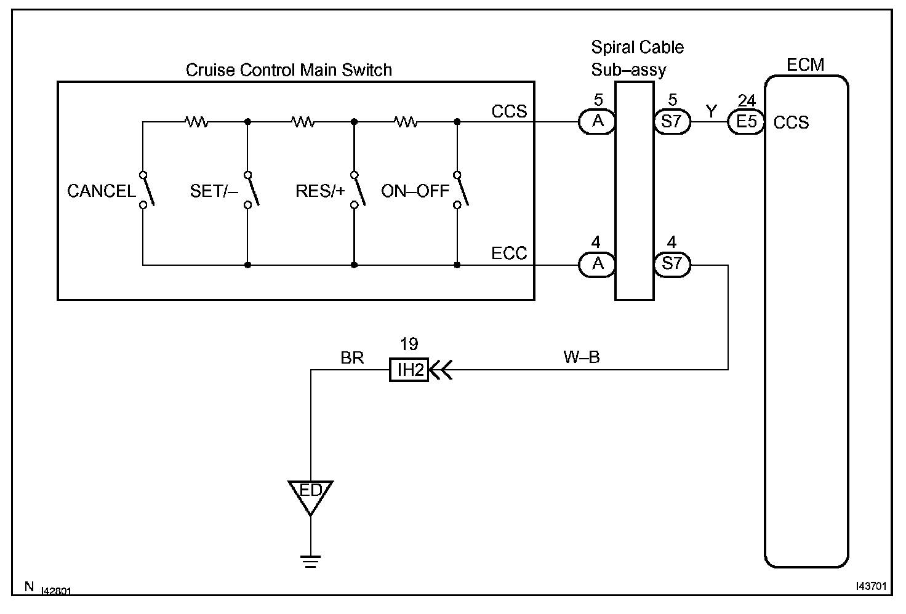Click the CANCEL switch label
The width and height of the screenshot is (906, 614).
point(102,191)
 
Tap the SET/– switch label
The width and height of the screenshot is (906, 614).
point(214,191)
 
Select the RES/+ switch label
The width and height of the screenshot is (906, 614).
point(320,191)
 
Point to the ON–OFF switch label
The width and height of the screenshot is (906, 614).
point(415,191)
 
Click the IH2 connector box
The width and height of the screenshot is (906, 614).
point(409,370)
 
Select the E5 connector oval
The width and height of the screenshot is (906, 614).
point(746,121)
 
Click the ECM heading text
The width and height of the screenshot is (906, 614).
point(805,65)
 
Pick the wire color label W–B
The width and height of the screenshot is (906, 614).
point(581,357)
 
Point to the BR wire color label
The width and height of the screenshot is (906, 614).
point(352,357)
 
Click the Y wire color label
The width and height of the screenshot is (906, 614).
point(711,111)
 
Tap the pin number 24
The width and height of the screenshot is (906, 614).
point(746,100)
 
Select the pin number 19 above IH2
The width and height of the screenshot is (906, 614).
point(409,344)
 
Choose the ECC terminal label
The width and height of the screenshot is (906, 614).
point(509,253)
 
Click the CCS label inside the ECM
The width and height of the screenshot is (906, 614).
point(791,122)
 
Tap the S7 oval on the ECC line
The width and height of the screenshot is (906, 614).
point(672,265)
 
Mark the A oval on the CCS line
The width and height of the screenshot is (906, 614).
point(598,121)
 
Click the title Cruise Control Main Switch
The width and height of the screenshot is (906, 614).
point(289,70)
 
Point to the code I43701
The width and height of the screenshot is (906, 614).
point(871,586)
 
